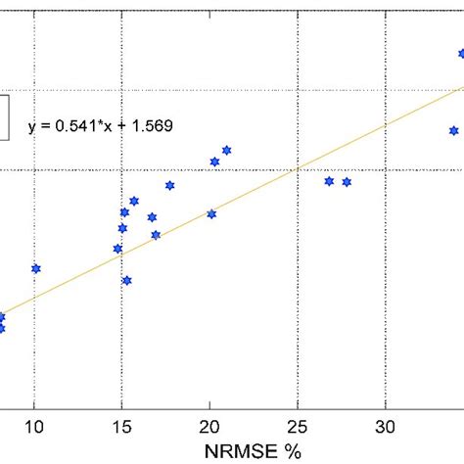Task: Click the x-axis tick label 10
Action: tap(34, 427)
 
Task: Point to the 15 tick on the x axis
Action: tap(121, 427)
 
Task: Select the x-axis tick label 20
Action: tap(209, 427)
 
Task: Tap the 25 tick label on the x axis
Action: tap(298, 427)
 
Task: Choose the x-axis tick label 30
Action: tap(386, 427)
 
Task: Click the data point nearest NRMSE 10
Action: tap(36, 268)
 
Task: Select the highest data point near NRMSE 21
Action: tap(226, 150)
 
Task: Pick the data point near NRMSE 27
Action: tap(329, 181)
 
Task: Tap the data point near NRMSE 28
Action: tap(347, 182)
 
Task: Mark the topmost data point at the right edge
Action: tap(462, 54)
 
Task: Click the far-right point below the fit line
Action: tap(453, 130)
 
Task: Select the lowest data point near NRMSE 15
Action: tap(126, 280)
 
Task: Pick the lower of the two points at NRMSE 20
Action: tap(210, 213)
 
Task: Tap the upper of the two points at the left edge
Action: tap(1, 316)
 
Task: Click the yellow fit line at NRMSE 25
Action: tap(298, 168)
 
